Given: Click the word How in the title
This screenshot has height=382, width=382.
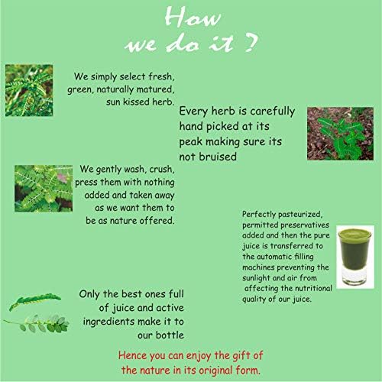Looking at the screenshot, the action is pos(193,18).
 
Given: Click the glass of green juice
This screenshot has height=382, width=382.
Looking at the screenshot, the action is pos(355,257).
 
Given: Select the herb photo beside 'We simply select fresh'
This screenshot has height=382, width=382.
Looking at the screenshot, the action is pos(29,90).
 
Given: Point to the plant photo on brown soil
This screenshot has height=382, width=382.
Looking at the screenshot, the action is pos(340,134).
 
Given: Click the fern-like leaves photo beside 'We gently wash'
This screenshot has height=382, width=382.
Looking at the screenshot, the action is pos(44,189).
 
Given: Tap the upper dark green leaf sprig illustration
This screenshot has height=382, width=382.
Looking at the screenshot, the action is pos(35,301).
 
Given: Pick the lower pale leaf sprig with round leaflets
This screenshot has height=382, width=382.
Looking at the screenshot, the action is pos(37,323).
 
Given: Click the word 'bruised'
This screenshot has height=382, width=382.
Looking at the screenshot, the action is pos(218,157).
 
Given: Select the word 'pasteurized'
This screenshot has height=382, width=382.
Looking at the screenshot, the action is pos(300,215).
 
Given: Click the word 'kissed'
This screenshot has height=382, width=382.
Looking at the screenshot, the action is pos(136,102).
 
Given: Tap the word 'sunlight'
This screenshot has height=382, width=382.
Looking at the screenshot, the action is pos(256,278).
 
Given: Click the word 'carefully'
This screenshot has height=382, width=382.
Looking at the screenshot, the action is pos(273,112).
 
